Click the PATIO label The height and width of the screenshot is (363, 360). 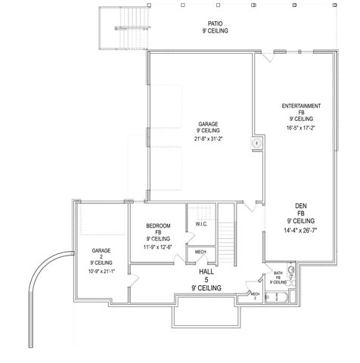point(216,23)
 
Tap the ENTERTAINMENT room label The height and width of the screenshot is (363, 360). point(300,105)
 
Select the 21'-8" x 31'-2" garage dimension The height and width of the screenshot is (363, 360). point(209,138)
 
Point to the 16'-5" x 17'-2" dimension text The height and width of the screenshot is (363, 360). point(300,129)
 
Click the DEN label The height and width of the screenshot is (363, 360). point(300,205)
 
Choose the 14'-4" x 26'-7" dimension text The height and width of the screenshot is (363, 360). point(300,228)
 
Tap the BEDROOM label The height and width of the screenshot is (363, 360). point(158,226)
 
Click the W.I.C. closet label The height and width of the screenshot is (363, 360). point(200,223)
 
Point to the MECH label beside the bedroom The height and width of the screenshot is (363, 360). point(200,252)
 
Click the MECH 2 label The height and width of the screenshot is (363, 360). point(255,295)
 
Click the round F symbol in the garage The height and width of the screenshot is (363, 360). point(256,143)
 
